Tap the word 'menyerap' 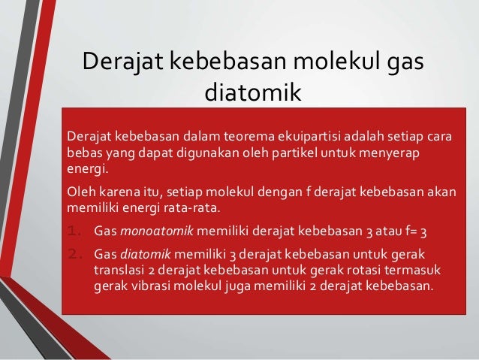(x=385, y=153)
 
